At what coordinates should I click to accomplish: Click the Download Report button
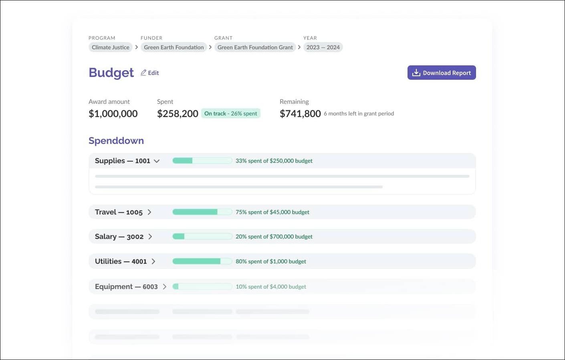click(x=442, y=73)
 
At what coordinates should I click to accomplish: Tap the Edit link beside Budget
click(x=150, y=73)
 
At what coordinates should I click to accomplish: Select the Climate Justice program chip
click(x=111, y=47)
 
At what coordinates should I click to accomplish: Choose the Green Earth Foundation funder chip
click(x=174, y=47)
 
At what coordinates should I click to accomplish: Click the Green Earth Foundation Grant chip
click(x=255, y=47)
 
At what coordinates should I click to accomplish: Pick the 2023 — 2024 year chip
click(x=323, y=47)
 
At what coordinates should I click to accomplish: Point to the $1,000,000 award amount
click(x=113, y=114)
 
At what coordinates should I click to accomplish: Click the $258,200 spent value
click(x=178, y=114)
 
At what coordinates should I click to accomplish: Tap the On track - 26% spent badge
click(x=231, y=113)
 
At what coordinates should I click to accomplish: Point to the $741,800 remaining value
click(x=300, y=114)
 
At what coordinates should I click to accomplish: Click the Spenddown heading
click(x=116, y=141)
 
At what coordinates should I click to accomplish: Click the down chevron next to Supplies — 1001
click(x=157, y=161)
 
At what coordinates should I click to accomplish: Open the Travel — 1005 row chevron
click(x=149, y=212)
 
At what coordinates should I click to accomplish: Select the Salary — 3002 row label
click(x=119, y=237)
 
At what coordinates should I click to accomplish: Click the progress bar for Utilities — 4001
click(x=202, y=261)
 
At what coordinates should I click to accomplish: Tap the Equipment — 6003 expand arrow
click(x=164, y=287)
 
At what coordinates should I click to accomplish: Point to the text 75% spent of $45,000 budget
click(x=272, y=212)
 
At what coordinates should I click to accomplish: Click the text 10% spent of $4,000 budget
click(x=271, y=287)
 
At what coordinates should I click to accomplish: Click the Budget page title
click(x=111, y=73)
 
